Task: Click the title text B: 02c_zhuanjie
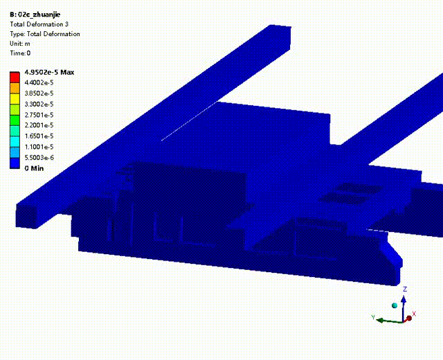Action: (x=35, y=15)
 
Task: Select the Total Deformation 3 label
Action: (x=39, y=24)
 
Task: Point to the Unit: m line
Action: (x=20, y=44)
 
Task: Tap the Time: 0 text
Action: (x=20, y=53)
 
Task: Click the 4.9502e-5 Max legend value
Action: (x=49, y=72)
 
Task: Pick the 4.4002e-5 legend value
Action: (x=39, y=82)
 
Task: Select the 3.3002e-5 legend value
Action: (x=39, y=105)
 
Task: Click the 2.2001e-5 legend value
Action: (x=39, y=125)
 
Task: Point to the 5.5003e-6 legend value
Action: (x=39, y=158)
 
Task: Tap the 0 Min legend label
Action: (x=34, y=168)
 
